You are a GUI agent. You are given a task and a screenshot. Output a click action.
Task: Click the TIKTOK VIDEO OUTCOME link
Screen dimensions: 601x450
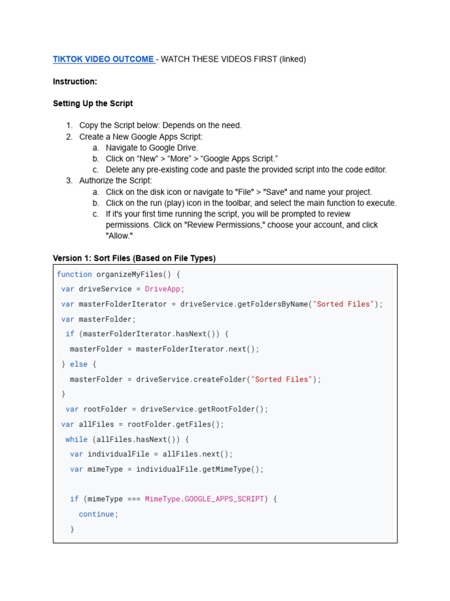pos(103,59)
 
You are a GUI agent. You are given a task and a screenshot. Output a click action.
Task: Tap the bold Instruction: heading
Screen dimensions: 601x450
pos(75,82)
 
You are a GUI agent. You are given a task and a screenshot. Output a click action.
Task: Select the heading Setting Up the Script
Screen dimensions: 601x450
pos(93,103)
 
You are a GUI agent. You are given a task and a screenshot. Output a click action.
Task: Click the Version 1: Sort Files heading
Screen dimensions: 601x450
pos(134,258)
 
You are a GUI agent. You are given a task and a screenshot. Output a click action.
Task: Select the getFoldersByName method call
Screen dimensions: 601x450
pos(272,304)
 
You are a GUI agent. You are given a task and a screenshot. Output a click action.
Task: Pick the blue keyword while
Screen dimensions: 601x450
pos(76,439)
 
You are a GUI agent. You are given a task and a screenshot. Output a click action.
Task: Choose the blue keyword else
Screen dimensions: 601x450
pos(79,364)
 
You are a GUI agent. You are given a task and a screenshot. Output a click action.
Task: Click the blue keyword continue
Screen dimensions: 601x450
pos(96,514)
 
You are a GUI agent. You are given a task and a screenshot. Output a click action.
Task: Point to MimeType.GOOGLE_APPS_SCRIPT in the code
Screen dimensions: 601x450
pos(204,499)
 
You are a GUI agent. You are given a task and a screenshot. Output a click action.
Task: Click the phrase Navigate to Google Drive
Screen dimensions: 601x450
pos(152,148)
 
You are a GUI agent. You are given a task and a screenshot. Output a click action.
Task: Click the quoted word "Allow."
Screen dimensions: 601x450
pos(120,236)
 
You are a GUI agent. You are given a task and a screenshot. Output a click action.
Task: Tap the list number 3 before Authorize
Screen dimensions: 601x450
pos(69,181)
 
